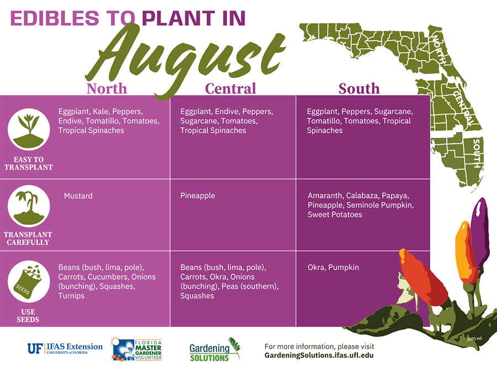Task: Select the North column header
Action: click(107, 88)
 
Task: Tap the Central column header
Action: click(230, 88)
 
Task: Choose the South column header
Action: click(359, 88)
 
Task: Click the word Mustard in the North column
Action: click(78, 196)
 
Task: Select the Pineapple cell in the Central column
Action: click(197, 196)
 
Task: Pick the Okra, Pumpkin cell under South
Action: click(333, 267)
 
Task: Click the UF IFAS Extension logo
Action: click(65, 348)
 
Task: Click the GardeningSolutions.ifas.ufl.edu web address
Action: click(319, 355)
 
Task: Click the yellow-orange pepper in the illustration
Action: click(463, 251)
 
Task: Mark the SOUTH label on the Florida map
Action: click(477, 153)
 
